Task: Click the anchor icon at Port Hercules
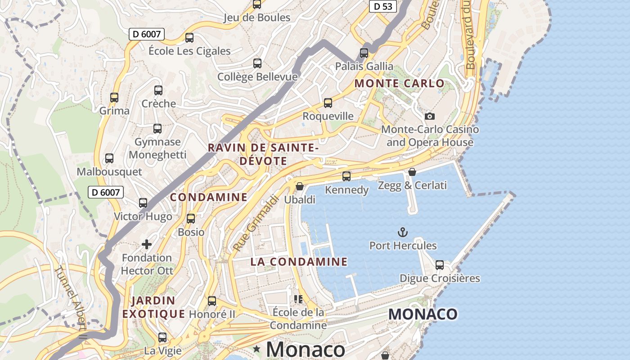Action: pyautogui.click(x=403, y=232)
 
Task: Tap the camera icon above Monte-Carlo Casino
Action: pyautogui.click(x=430, y=116)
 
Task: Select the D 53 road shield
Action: pyautogui.click(x=382, y=6)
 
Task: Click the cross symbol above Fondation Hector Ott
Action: pyautogui.click(x=147, y=244)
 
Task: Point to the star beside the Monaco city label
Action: pyautogui.click(x=256, y=349)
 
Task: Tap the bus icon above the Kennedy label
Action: pyautogui.click(x=346, y=176)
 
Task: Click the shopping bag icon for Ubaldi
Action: pyautogui.click(x=299, y=186)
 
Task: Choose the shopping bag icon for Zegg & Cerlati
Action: pyautogui.click(x=412, y=172)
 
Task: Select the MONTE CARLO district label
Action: pyautogui.click(x=399, y=83)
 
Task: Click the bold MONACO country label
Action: pyautogui.click(x=423, y=314)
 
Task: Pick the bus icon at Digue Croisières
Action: pyautogui.click(x=440, y=265)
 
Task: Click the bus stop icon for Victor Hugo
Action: pyautogui.click(x=143, y=202)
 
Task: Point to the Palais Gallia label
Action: pyautogui.click(x=364, y=66)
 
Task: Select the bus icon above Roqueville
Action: pyautogui.click(x=328, y=103)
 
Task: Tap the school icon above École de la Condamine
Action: pyautogui.click(x=298, y=299)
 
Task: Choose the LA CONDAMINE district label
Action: pyautogui.click(x=299, y=261)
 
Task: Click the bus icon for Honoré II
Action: pyautogui.click(x=212, y=301)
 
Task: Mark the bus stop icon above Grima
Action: pyautogui.click(x=114, y=97)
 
